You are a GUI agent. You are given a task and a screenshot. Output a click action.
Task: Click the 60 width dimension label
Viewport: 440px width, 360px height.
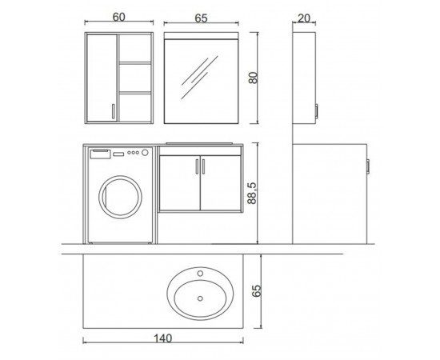(118, 17)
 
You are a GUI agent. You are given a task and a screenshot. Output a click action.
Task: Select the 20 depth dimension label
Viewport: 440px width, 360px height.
(304, 18)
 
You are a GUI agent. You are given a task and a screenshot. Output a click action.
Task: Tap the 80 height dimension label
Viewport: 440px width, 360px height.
(253, 78)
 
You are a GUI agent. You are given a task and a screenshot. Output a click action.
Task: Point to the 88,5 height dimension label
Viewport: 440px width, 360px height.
(252, 193)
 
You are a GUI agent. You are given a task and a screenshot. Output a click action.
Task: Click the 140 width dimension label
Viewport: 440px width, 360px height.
(163, 338)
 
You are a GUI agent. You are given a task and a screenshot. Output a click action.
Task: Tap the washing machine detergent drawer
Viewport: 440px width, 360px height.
(100, 154)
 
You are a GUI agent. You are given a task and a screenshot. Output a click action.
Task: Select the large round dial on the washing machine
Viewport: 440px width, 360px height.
(145, 153)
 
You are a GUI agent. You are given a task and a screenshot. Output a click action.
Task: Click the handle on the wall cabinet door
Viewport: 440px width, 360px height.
(113, 111)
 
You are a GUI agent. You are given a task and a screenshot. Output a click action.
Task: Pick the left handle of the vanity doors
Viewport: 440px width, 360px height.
(197, 166)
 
